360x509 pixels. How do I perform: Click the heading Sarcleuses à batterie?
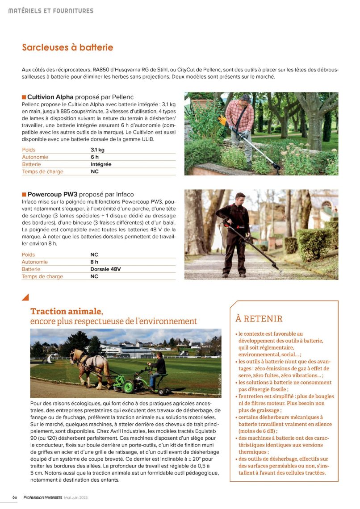[x=67, y=47]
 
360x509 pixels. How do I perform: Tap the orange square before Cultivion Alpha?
[x=24, y=97]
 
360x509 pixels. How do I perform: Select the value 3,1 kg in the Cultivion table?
[x=97, y=150]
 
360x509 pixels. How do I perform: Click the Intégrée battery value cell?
[x=101, y=164]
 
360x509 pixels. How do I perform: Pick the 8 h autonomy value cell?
[x=94, y=262]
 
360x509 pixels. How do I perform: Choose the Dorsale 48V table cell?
[x=105, y=269]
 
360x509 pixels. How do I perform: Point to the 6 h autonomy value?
[x=94, y=157]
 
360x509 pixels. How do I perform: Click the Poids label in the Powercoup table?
[x=28, y=255]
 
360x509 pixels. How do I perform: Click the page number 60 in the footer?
[x=15, y=497]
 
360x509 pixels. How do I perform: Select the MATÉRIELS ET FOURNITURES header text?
[x=51, y=11]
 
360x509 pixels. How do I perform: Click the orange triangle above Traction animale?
[x=25, y=297]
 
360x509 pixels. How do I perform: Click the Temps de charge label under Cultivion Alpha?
[x=42, y=171]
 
